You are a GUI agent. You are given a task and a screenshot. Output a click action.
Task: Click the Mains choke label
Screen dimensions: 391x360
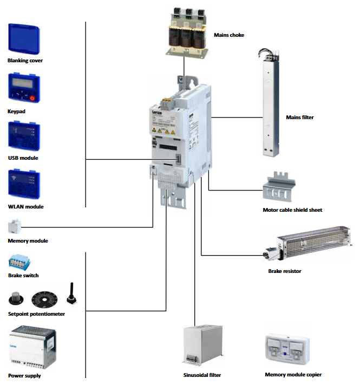pyautogui.click(x=229, y=35)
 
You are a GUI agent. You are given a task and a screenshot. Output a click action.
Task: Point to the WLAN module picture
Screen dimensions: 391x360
pyautogui.click(x=25, y=185)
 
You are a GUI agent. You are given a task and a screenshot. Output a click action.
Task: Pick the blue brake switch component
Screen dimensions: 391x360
pyautogui.click(x=19, y=263)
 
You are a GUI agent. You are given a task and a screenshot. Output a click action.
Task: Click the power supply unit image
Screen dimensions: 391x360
pyautogui.click(x=30, y=347)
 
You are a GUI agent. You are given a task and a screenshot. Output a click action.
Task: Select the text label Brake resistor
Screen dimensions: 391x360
pyautogui.click(x=285, y=271)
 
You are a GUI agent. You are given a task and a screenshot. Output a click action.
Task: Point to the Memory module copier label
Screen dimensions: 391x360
pyautogui.click(x=293, y=374)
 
